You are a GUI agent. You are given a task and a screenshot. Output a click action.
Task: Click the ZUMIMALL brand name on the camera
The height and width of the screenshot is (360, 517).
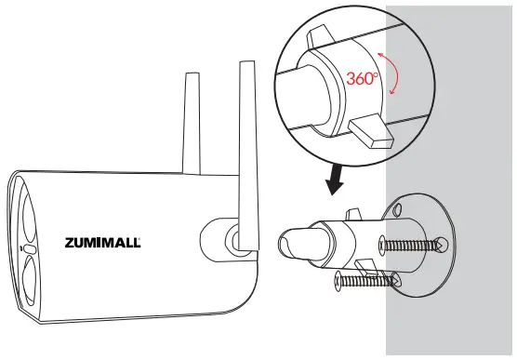click(x=103, y=244)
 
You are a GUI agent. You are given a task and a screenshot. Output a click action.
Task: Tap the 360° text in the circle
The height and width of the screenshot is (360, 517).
click(x=365, y=78)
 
